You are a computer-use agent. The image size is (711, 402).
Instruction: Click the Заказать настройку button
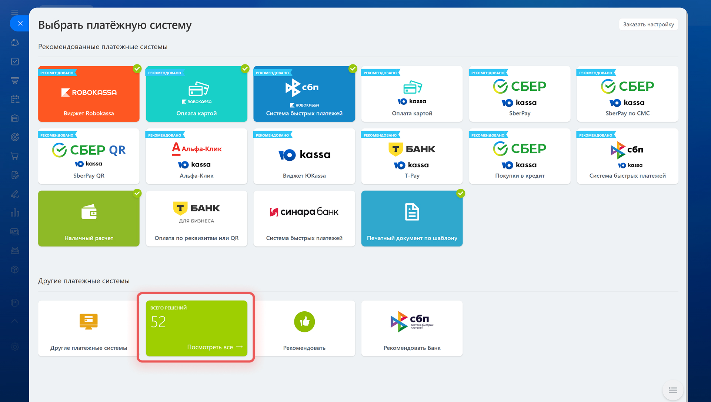(x=648, y=24)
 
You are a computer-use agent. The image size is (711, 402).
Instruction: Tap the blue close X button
(x=20, y=23)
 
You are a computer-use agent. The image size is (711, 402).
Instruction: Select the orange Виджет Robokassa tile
(x=89, y=94)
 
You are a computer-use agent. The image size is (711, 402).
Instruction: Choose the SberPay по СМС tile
(x=627, y=94)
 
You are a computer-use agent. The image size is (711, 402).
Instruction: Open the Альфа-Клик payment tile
(x=197, y=156)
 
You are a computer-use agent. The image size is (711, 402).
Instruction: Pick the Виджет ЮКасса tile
(x=304, y=156)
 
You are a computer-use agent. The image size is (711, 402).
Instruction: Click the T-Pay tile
(x=412, y=156)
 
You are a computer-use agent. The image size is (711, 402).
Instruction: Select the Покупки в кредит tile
(x=520, y=156)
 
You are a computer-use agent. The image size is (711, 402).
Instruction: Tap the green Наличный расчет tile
(x=89, y=218)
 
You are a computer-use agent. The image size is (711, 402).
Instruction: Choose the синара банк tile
(x=304, y=218)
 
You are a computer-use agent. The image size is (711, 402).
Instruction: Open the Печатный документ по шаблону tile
(x=412, y=218)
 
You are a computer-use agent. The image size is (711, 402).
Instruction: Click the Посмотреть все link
(x=215, y=347)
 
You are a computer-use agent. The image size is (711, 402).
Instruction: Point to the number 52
(x=158, y=322)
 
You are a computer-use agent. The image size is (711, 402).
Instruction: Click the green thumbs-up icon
(x=304, y=322)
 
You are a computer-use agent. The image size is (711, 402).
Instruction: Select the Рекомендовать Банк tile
(x=412, y=328)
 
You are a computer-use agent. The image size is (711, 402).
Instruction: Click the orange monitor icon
(x=89, y=321)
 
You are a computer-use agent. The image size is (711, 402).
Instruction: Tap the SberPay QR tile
(x=89, y=156)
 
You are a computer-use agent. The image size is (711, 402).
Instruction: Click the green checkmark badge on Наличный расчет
(x=137, y=193)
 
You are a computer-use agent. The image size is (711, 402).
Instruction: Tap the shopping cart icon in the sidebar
(x=15, y=156)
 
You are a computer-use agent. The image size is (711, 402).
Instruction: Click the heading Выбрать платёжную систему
(x=115, y=25)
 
